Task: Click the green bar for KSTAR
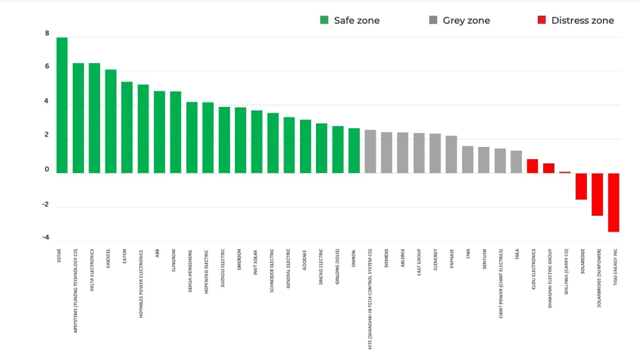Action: click(x=62, y=105)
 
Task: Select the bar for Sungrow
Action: click(x=175, y=132)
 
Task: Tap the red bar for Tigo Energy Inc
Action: click(x=613, y=202)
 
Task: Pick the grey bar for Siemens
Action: click(x=386, y=152)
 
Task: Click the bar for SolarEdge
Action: click(x=581, y=186)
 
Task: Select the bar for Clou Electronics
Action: click(x=532, y=166)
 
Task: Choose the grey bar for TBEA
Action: click(x=516, y=161)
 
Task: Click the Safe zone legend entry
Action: click(x=350, y=20)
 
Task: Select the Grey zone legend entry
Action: click(x=459, y=20)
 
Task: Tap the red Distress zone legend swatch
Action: click(x=541, y=20)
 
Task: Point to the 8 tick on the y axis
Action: click(x=47, y=33)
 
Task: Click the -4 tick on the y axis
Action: click(x=46, y=237)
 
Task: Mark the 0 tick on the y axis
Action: click(x=47, y=169)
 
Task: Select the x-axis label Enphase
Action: click(x=451, y=259)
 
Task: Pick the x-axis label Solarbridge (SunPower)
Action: click(x=599, y=277)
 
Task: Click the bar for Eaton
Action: click(x=127, y=127)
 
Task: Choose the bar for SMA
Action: click(x=467, y=159)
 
